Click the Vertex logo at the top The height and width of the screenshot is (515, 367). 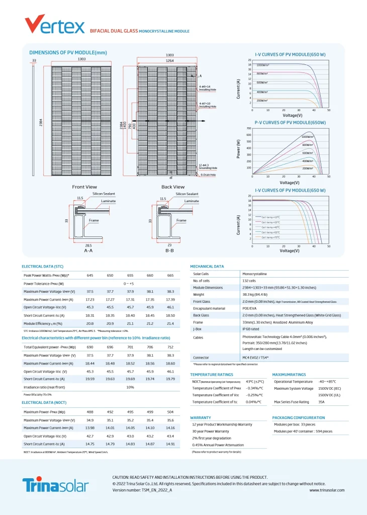click(55, 24)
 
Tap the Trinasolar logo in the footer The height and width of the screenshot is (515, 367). click(55, 485)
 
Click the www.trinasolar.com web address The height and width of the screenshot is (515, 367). click(326, 489)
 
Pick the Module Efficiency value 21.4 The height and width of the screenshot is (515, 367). click(170, 323)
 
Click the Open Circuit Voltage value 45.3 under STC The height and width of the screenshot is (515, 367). click(90, 307)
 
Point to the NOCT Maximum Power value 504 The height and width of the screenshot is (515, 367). click(170, 412)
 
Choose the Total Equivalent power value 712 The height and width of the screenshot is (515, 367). click(170, 347)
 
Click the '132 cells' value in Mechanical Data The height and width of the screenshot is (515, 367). click(249, 281)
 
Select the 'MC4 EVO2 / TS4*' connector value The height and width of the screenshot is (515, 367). click(255, 358)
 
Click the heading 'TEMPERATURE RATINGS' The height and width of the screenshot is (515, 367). click(211, 375)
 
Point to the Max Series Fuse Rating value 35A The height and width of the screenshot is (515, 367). click(322, 402)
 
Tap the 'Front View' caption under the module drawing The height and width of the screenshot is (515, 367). click(84, 187)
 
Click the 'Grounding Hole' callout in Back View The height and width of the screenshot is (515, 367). click(208, 168)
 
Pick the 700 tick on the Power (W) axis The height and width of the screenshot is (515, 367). click(248, 128)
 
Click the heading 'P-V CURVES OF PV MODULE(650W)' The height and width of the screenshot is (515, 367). click(290, 122)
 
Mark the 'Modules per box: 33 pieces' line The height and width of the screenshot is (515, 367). click(295, 424)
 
